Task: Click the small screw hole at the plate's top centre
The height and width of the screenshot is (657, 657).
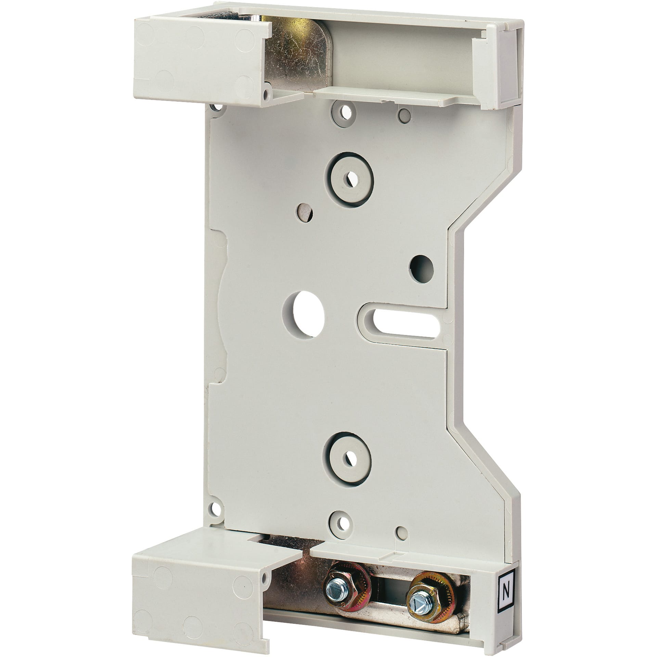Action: click(x=344, y=112)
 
